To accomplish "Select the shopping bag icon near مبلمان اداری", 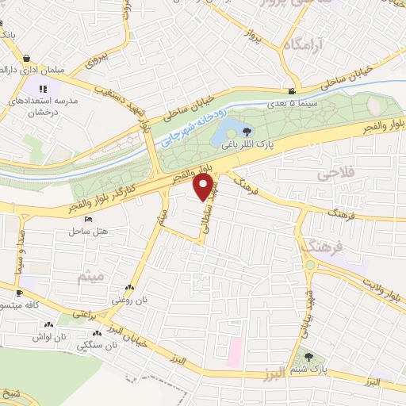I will [28, 58].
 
